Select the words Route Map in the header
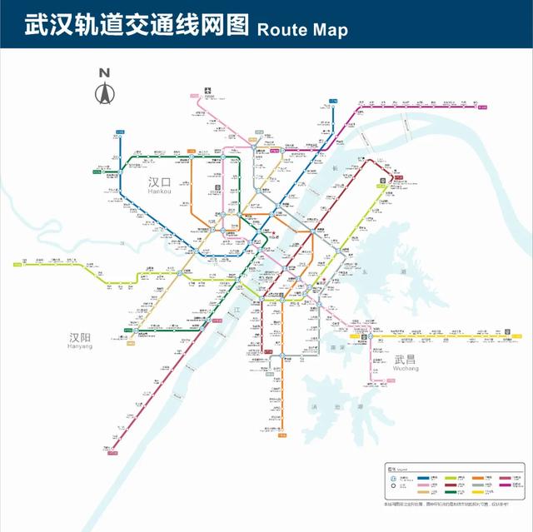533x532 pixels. pyautogui.click(x=302, y=29)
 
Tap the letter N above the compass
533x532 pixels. pyautogui.click(x=105, y=72)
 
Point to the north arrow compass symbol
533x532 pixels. pyautogui.click(x=105, y=93)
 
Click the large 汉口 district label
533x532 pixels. pyautogui.click(x=158, y=181)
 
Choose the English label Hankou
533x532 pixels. pyautogui.click(x=158, y=192)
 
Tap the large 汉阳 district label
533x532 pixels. pyautogui.click(x=81, y=339)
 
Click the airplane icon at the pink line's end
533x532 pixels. pyautogui.click(x=207, y=86)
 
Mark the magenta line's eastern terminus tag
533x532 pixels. pyautogui.click(x=481, y=106)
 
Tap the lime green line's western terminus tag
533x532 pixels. pyautogui.click(x=17, y=266)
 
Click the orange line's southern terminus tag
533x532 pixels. pyautogui.click(x=281, y=434)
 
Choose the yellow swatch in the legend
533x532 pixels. pyautogui.click(x=477, y=493)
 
